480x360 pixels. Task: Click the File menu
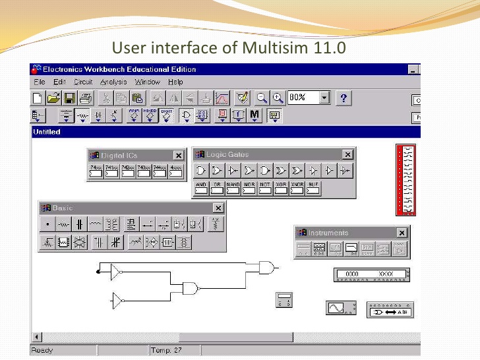point(39,82)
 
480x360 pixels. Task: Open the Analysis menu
point(113,82)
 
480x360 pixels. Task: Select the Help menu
point(175,82)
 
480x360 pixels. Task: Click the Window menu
point(148,82)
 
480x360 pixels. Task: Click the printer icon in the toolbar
point(86,98)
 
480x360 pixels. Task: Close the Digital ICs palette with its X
point(178,156)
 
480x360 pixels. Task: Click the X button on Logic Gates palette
point(347,154)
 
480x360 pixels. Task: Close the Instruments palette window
point(402,233)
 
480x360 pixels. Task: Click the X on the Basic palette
point(218,208)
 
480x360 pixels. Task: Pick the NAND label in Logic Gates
point(233,184)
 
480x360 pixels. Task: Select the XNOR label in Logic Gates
point(297,184)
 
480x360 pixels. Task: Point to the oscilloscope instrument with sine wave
point(340,308)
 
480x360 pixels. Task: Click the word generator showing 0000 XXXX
point(371,274)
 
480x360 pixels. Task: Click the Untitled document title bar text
point(46,132)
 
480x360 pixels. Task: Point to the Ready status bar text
point(42,350)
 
